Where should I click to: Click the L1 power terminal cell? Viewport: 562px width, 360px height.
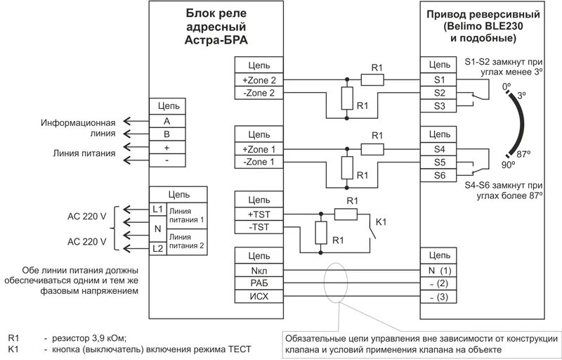click(157, 210)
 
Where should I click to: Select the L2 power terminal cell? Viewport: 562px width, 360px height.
click(157, 249)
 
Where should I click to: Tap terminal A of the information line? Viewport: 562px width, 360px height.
click(167, 120)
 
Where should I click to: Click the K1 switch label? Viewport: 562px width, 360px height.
click(381, 221)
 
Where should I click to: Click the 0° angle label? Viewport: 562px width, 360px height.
click(507, 86)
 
